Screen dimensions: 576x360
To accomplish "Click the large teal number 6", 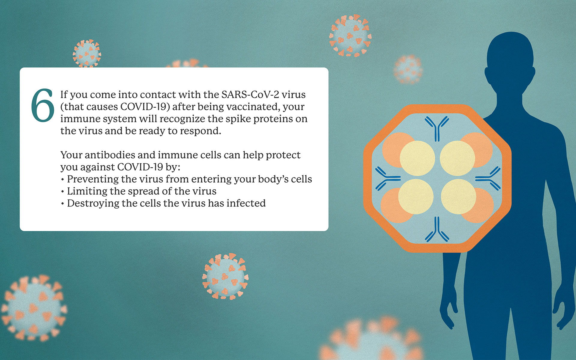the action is coord(43,105).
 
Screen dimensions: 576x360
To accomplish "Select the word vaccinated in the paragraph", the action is coord(253,107).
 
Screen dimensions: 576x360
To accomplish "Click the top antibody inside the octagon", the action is coord(437,129).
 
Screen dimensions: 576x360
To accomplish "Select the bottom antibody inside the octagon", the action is coord(437,229).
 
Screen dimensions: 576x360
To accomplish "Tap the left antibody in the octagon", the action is coord(388,179).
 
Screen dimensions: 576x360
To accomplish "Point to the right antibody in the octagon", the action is coord(488,179).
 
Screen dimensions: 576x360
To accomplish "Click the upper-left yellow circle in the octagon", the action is coord(417,158).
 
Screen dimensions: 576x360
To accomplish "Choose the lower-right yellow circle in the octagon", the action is coord(458,196).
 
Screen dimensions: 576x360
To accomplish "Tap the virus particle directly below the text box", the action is coord(225,276).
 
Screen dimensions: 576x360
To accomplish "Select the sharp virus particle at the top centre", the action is coord(350,35).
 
